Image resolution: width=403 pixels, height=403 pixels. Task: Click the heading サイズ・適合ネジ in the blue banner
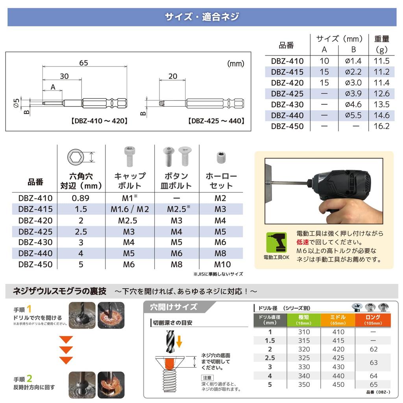coord(201,17)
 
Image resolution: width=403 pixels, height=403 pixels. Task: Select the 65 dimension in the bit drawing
coord(83,63)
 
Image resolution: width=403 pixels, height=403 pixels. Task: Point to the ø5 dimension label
coord(16,103)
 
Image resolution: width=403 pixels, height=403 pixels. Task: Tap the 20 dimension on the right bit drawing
coord(173,76)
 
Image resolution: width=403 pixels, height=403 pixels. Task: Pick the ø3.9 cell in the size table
coord(353,94)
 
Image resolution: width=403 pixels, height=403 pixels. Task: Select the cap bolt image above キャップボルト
coord(129,156)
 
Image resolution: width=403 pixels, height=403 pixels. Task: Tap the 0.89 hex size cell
coord(81,198)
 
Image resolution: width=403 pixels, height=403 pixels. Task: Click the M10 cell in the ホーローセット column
coord(223,264)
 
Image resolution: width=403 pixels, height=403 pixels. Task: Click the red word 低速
coord(303,242)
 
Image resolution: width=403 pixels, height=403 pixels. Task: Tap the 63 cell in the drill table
coord(373,362)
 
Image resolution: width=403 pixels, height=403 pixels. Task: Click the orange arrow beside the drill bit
coord(179,341)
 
